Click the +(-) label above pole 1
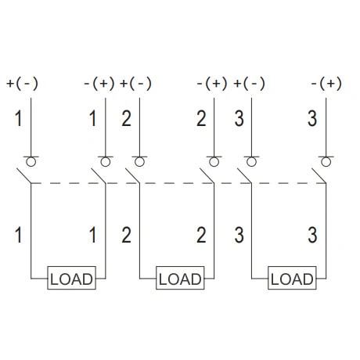coord(23,84)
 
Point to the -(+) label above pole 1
coord(99,84)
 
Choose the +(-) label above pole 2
coord(135,84)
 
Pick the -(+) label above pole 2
coord(212,84)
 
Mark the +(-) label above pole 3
coord(249,84)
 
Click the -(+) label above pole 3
coord(326,84)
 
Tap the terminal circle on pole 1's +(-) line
coord(31,162)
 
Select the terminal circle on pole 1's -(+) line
coord(106,162)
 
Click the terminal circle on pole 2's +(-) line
coord(139,162)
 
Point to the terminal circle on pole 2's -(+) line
coord(214,162)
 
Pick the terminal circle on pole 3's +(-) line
coord(251,162)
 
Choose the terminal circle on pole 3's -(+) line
coord(326,162)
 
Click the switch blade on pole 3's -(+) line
coord(319,176)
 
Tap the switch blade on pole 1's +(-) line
coord(24,176)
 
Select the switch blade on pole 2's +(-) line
coord(132,176)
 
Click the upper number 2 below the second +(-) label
coord(127,119)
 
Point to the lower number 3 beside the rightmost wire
coord(312,235)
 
